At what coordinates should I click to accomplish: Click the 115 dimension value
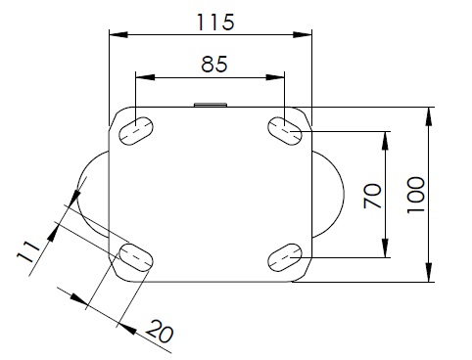tap(215, 22)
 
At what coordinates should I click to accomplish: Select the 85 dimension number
tap(214, 64)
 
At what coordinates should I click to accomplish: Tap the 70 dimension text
tap(373, 196)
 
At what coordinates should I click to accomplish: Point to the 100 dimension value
tap(416, 195)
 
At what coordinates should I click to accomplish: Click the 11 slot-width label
tap(28, 252)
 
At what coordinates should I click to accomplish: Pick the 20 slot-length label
tap(160, 332)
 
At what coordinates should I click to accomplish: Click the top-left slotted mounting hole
tap(136, 131)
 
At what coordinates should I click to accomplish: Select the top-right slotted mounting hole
tap(285, 131)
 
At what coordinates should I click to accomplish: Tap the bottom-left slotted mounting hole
tap(136, 257)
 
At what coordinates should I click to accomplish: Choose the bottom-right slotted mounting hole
tap(285, 257)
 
